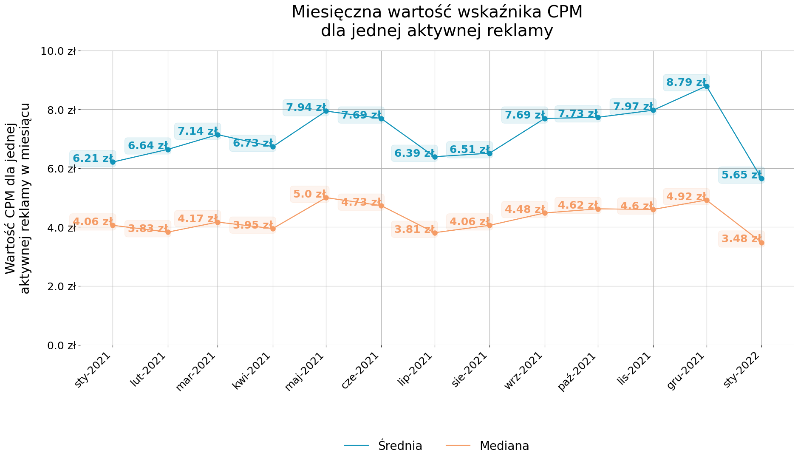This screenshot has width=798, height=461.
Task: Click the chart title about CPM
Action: click(437, 21)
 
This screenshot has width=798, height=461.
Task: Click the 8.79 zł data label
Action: click(686, 82)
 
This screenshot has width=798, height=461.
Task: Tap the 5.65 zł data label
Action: click(741, 175)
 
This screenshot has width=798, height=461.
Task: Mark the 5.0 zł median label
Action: click(310, 194)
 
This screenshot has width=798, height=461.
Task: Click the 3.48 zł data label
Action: click(741, 239)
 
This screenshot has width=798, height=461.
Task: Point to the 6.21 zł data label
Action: click(93, 158)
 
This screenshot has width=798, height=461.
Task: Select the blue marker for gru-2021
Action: click(707, 86)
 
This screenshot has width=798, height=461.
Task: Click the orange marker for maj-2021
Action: click(326, 198)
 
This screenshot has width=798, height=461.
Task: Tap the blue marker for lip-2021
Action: click(435, 157)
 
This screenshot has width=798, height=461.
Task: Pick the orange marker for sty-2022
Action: click(761, 243)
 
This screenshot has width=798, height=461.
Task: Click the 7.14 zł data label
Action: click(198, 131)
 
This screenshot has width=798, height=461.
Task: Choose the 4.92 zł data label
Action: click(686, 197)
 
